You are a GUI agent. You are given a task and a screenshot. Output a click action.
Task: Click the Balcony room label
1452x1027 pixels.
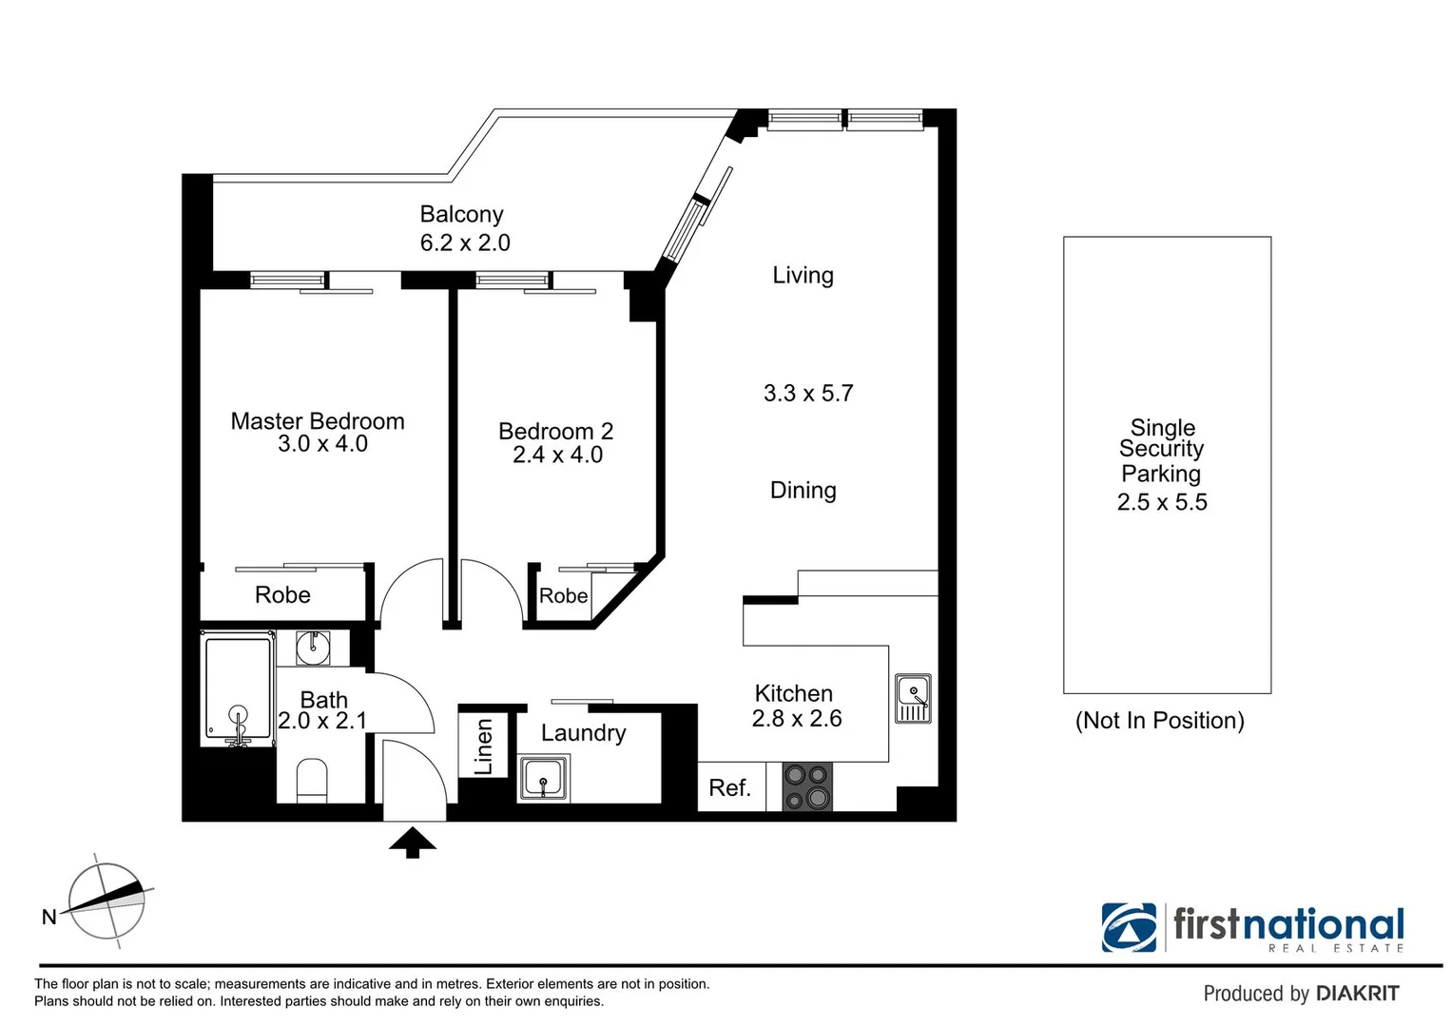(x=461, y=215)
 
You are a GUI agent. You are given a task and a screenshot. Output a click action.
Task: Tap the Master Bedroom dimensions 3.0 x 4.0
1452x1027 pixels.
(x=322, y=444)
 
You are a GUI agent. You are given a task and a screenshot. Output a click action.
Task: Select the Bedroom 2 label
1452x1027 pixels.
(x=555, y=431)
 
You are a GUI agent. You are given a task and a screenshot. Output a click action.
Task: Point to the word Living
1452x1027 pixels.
(x=803, y=276)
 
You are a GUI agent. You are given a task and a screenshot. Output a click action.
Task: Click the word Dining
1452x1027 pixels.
(x=803, y=491)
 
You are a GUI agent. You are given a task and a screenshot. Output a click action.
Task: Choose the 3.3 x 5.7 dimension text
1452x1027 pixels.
(x=808, y=394)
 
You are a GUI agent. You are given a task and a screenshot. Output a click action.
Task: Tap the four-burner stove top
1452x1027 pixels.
(x=806, y=787)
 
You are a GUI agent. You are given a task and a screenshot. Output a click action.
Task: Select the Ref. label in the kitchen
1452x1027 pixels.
(x=729, y=788)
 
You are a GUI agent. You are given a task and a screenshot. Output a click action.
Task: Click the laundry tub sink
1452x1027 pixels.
(x=544, y=779)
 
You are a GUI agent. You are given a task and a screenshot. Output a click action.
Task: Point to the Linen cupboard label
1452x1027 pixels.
(x=484, y=746)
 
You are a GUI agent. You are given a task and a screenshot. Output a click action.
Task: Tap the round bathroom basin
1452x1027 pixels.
(x=312, y=648)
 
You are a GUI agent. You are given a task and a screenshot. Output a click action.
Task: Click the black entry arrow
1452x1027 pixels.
(x=413, y=843)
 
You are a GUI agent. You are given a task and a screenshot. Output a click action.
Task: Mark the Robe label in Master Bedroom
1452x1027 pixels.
(x=282, y=595)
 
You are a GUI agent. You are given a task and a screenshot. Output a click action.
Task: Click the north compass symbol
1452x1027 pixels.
(x=106, y=900)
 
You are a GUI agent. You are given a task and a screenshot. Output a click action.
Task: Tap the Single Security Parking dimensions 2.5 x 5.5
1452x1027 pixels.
(x=1162, y=503)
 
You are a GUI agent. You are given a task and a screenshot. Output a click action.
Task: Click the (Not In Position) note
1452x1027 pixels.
(x=1159, y=721)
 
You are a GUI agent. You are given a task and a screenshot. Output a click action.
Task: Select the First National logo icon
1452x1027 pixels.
(x=1129, y=927)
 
